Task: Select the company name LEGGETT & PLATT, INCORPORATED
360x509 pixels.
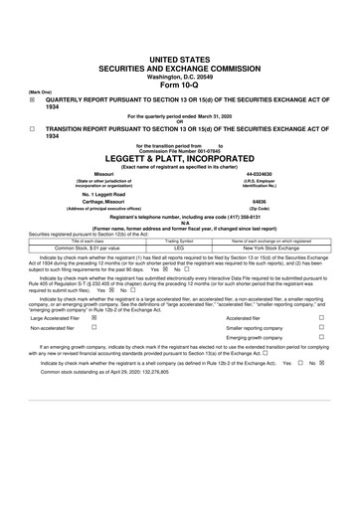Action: (x=179, y=158)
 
